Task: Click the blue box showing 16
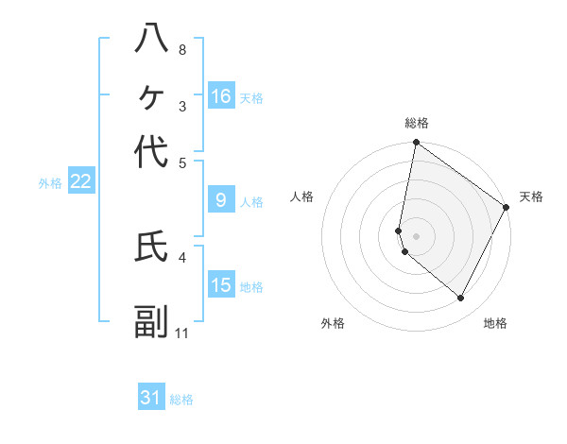pyautogui.click(x=221, y=96)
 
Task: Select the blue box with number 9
pyautogui.click(x=221, y=200)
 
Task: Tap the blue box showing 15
pyautogui.click(x=221, y=285)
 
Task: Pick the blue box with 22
pyautogui.click(x=80, y=182)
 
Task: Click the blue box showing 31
pyautogui.click(x=151, y=398)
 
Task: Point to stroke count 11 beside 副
pyautogui.click(x=182, y=333)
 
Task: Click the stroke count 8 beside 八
pyautogui.click(x=182, y=49)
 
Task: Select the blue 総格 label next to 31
pyautogui.click(x=181, y=400)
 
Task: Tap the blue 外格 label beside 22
pyautogui.click(x=50, y=183)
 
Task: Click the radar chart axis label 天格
pyautogui.click(x=531, y=196)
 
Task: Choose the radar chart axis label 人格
pyautogui.click(x=301, y=196)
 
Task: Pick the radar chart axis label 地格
pyautogui.click(x=495, y=323)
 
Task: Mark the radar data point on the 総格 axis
pyautogui.click(x=416, y=144)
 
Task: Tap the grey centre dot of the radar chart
pyautogui.click(x=416, y=235)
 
